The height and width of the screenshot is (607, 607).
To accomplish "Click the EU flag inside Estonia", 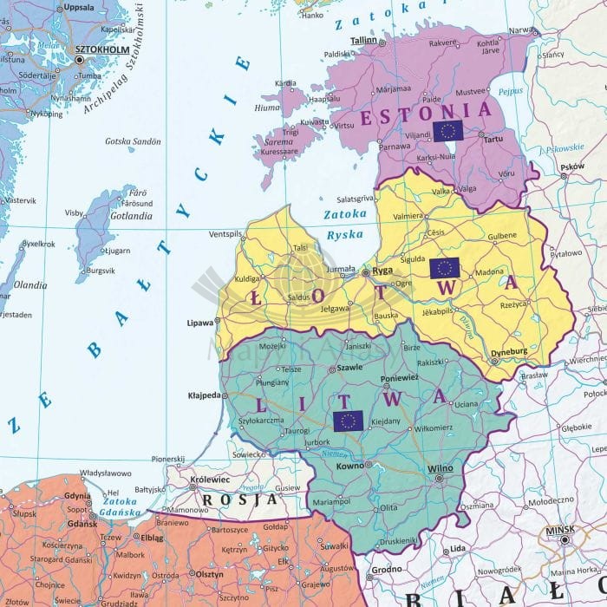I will [x=447, y=131].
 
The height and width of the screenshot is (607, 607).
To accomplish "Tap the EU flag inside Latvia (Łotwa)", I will [x=444, y=268].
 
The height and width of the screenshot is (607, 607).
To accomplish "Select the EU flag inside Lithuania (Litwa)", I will [x=348, y=421].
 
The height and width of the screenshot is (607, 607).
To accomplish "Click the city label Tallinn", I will [x=363, y=41].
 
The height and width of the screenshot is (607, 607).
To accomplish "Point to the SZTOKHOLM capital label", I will [x=98, y=50].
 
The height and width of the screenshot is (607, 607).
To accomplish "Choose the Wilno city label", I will [x=441, y=469].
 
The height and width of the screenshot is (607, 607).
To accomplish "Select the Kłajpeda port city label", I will [x=206, y=395].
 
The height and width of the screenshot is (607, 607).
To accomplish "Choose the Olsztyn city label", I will [x=210, y=573].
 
